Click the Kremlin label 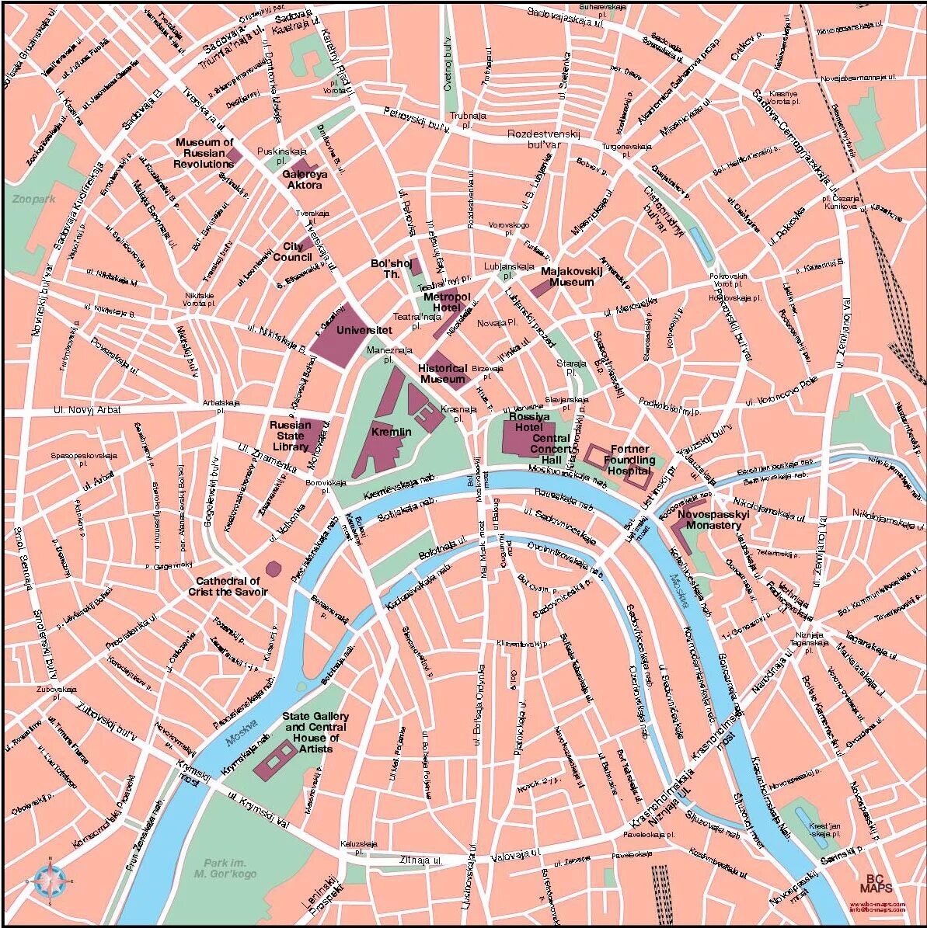click(391, 432)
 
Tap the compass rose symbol click(50, 881)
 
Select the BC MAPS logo click(876, 885)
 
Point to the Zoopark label click(34, 200)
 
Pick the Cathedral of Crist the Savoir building click(273, 569)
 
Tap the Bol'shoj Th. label click(385, 269)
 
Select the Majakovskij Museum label click(571, 276)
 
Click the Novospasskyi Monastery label click(709, 520)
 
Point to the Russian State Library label click(290, 436)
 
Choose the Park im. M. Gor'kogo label click(225, 868)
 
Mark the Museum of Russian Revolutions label click(204, 153)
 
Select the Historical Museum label click(443, 374)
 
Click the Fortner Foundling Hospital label click(629, 460)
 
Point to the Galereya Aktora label click(305, 180)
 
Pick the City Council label click(292, 252)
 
